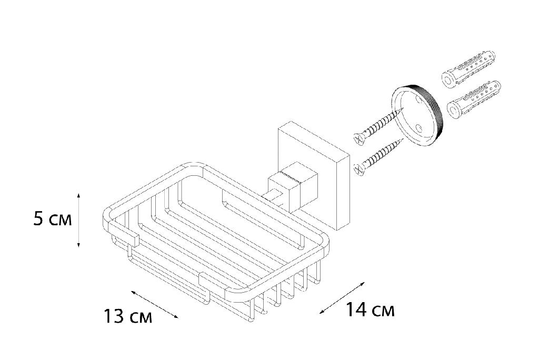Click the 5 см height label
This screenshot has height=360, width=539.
point(53,219)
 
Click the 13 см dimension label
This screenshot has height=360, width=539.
point(128,316)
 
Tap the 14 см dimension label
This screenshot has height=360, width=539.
point(370,309)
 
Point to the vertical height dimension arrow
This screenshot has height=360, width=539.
point(79,220)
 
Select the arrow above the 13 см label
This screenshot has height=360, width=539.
point(154,304)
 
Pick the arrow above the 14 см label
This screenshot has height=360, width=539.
point(342,298)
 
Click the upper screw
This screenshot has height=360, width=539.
point(378,125)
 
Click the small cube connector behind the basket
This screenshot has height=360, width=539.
point(293,187)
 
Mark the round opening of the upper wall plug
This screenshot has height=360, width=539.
point(447,81)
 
